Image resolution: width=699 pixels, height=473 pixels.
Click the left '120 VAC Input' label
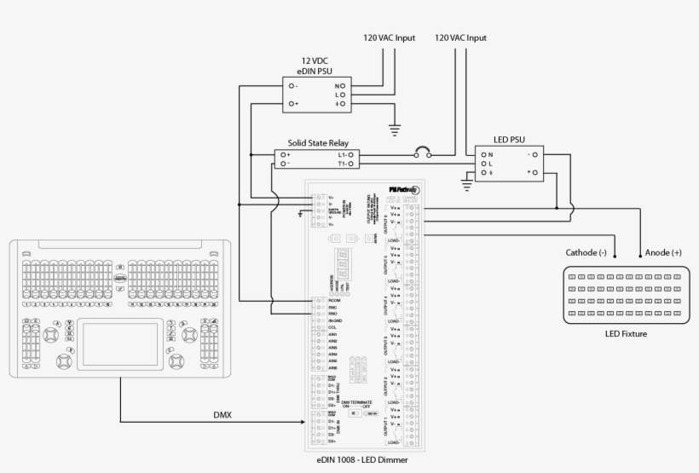coord(390,38)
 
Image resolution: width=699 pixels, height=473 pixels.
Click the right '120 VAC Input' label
coord(461,38)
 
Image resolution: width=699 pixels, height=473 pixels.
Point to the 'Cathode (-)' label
coord(586,252)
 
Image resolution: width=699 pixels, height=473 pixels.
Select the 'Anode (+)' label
coord(664,252)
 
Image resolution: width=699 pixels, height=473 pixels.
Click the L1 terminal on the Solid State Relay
coord(345,154)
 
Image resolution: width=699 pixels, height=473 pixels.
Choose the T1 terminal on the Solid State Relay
coord(345,163)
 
